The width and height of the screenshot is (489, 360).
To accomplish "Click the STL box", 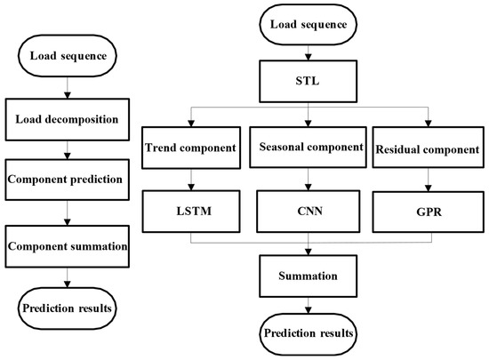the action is (309, 82).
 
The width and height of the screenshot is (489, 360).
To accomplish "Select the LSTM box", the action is (191, 212).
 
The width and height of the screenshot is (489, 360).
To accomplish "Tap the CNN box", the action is (309, 212).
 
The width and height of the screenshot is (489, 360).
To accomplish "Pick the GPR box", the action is (429, 212).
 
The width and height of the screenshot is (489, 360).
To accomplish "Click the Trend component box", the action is (191, 148).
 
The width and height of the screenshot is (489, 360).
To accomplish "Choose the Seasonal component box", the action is (309, 148).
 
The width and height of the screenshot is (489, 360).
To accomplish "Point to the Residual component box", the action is (429, 148).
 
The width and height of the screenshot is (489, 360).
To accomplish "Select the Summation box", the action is (309, 276).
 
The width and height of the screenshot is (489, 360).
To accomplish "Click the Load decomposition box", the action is (68, 120).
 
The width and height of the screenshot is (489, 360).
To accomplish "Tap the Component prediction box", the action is (68, 180).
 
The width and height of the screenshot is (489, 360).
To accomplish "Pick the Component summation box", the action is (68, 246).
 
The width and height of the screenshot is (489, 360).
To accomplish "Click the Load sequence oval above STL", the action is (309, 24).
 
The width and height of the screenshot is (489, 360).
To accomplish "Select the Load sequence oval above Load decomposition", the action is (68, 56).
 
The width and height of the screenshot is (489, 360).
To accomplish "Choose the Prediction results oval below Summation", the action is (309, 334).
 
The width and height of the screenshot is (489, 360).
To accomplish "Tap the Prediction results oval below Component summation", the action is (68, 308).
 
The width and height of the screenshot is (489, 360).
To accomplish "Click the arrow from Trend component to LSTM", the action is (191, 180).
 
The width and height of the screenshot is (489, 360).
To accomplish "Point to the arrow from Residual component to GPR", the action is (429, 180).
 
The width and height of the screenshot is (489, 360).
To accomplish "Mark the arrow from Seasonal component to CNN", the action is (309, 180).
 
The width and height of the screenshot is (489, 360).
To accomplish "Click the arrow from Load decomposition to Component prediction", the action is (68, 150).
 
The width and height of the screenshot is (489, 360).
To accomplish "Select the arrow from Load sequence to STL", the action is (309, 52).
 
